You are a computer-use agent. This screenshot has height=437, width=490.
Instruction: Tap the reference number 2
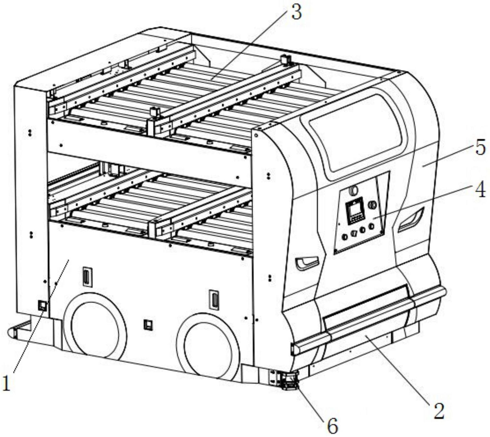pos(439,411)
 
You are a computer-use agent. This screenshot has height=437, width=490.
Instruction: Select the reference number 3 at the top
pos(296,12)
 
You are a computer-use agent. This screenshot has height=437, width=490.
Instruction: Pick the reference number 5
pos(480,147)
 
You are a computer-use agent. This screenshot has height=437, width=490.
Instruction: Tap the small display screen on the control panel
pos(355,211)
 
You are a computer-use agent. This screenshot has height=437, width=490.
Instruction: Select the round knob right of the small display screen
pos(372,205)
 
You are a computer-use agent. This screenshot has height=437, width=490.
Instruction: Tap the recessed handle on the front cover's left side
pos(307,262)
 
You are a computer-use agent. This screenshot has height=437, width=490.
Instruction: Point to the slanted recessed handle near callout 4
pos(411,220)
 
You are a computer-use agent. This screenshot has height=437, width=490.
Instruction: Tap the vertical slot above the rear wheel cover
pos(87,277)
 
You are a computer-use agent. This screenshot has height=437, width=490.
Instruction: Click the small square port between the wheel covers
pos(148,325)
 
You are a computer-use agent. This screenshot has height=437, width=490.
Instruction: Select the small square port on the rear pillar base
pos(42,305)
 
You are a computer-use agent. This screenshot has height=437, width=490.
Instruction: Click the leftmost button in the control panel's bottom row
pos(345,237)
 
